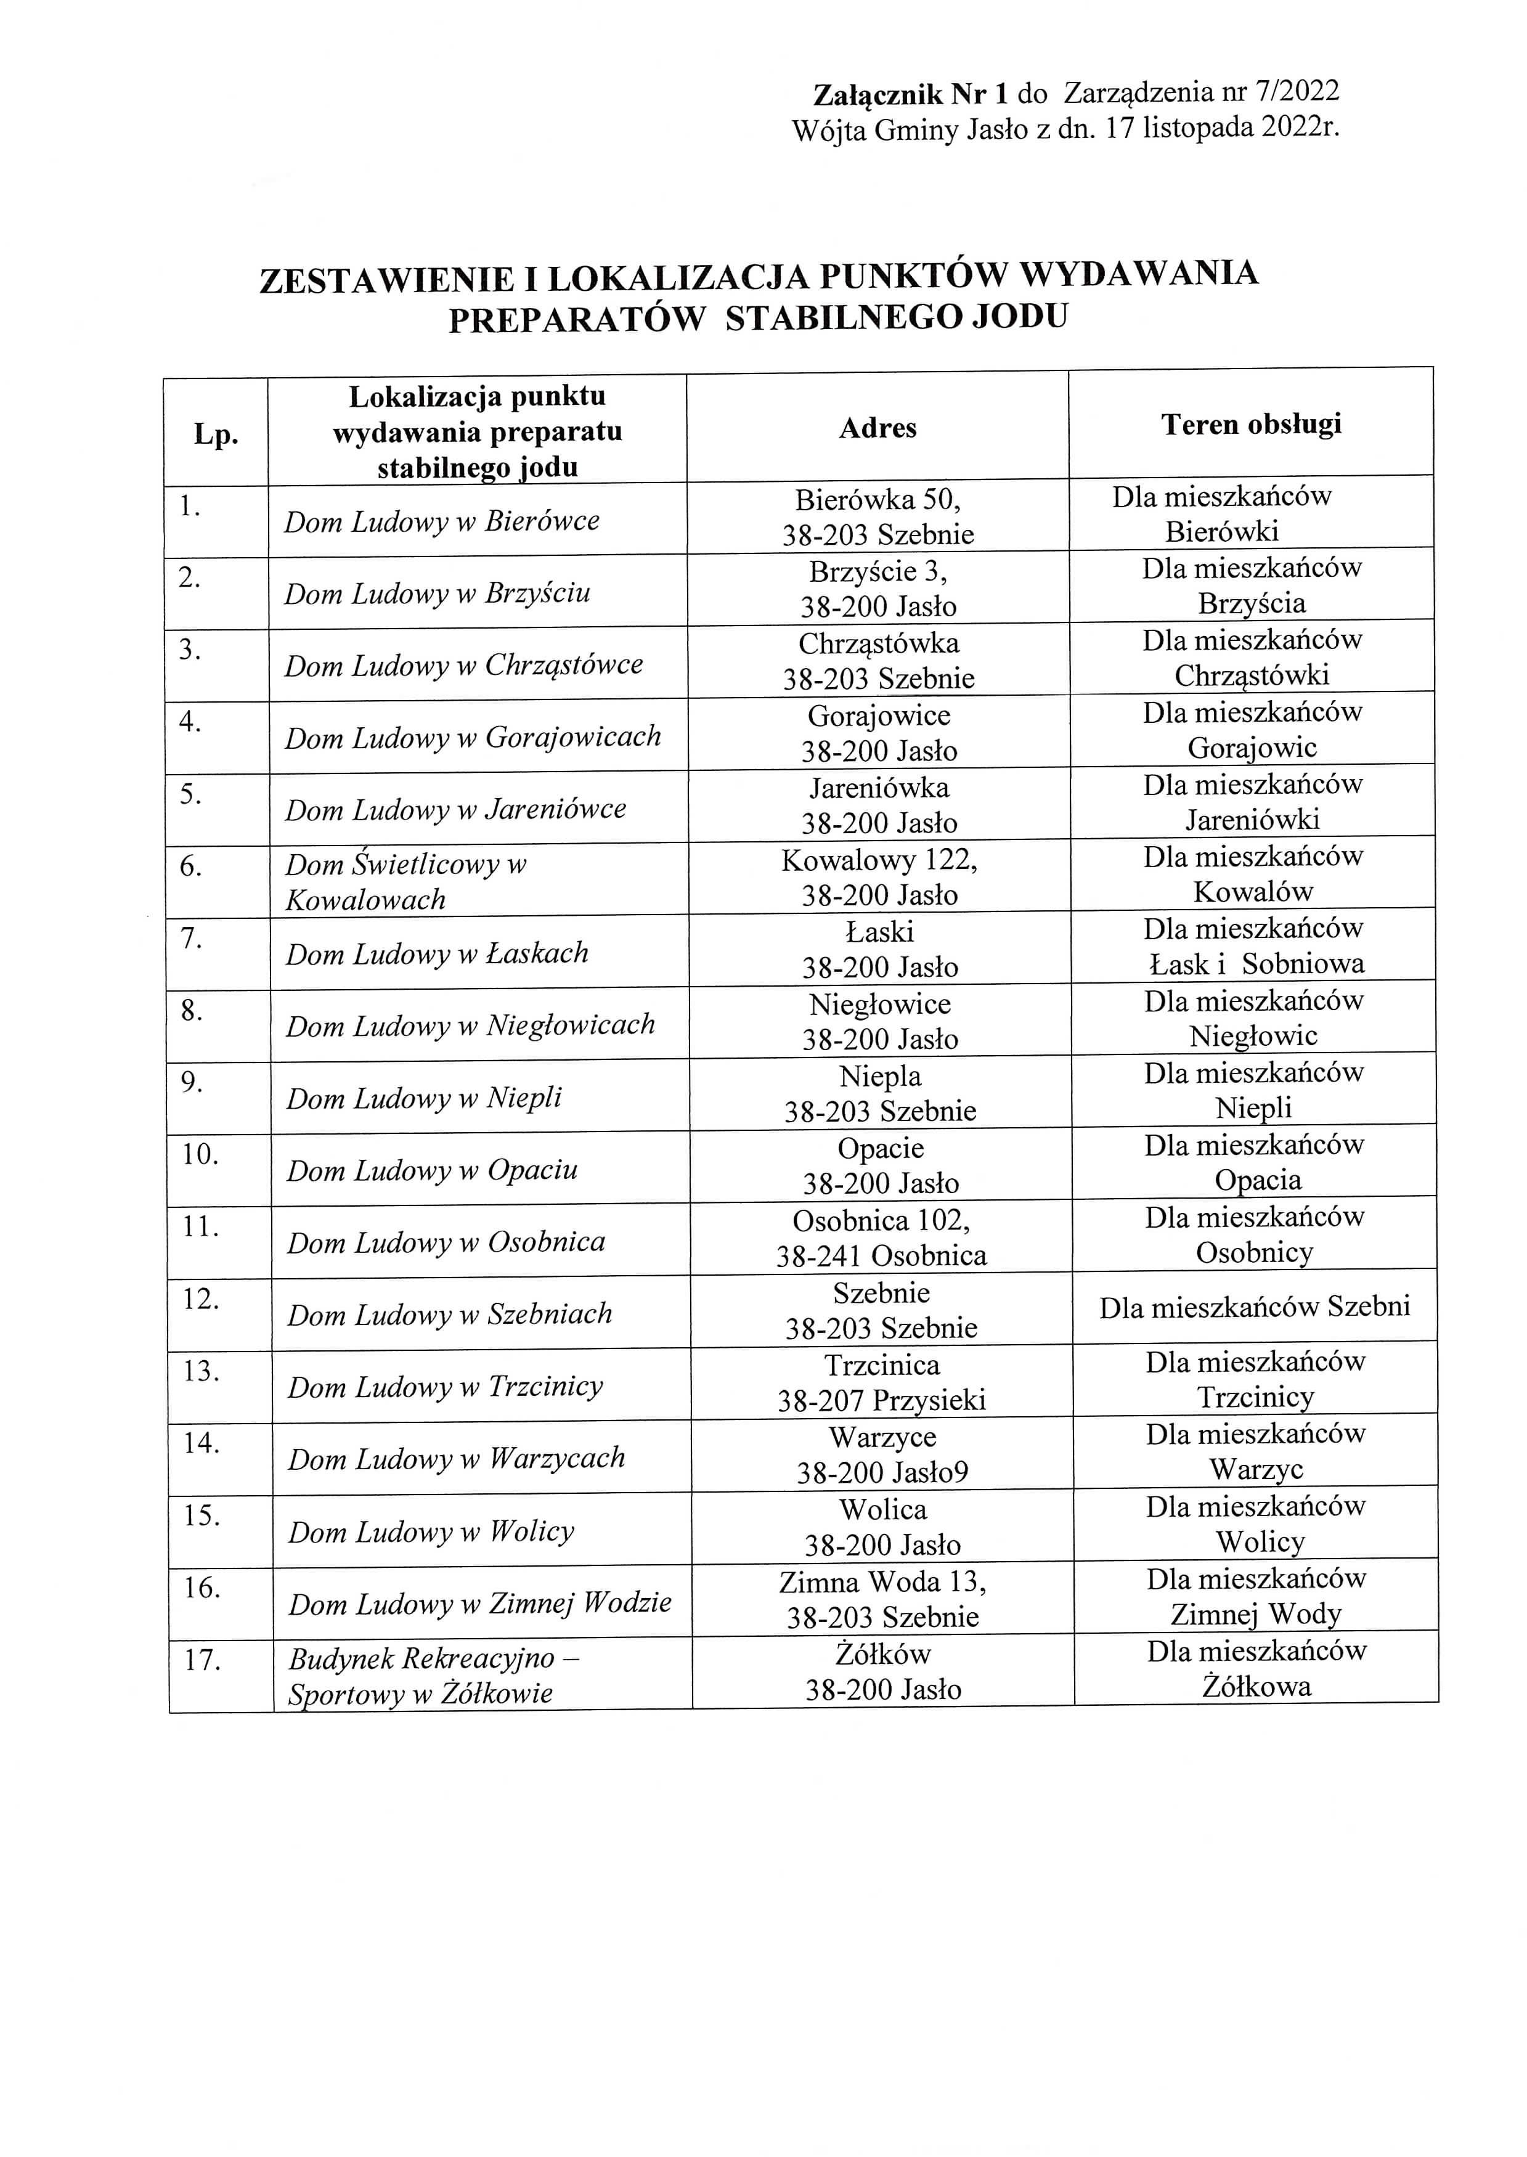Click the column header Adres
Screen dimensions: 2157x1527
click(878, 429)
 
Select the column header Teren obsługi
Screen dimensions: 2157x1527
click(1250, 425)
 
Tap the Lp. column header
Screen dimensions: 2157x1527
click(216, 434)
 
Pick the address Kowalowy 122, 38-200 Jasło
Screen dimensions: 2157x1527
click(879, 877)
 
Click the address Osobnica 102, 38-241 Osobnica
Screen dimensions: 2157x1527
click(881, 1238)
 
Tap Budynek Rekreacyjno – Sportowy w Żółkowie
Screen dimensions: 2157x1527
click(433, 1676)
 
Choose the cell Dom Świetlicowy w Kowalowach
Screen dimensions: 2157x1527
click(406, 882)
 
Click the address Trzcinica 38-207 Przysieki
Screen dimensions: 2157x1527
click(881, 1382)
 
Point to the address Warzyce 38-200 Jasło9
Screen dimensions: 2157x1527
click(882, 1454)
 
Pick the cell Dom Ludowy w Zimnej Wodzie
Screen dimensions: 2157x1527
click(479, 1603)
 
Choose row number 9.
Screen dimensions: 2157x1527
click(193, 1083)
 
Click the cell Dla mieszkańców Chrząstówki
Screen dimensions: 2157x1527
click(1252, 657)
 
